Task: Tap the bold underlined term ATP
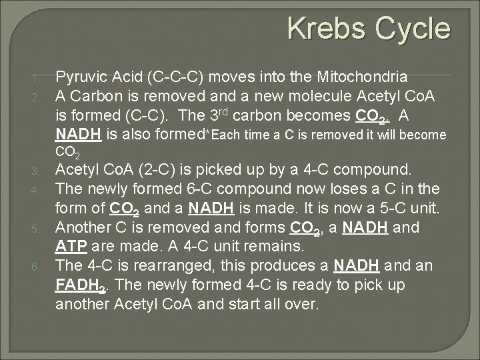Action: point(71,246)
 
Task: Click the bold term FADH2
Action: point(81,285)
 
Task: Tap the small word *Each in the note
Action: point(227,135)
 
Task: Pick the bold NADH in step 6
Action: point(355,265)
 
